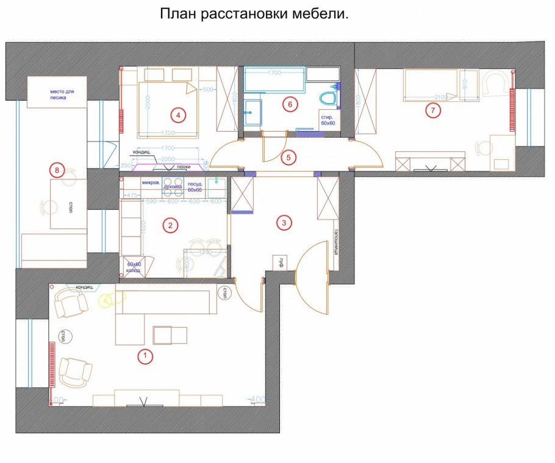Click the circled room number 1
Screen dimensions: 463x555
pos(145,356)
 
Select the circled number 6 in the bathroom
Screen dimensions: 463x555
pos(290,104)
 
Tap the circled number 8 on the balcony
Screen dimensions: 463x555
pos(57,171)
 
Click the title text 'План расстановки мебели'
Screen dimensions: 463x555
pos(254,14)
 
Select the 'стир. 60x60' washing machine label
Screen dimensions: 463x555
pos(328,120)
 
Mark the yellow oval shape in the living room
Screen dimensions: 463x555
pos(113,299)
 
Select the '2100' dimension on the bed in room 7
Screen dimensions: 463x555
pos(441,97)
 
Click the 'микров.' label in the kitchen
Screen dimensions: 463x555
pos(151,182)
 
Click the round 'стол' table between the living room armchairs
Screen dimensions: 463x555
pos(62,336)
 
